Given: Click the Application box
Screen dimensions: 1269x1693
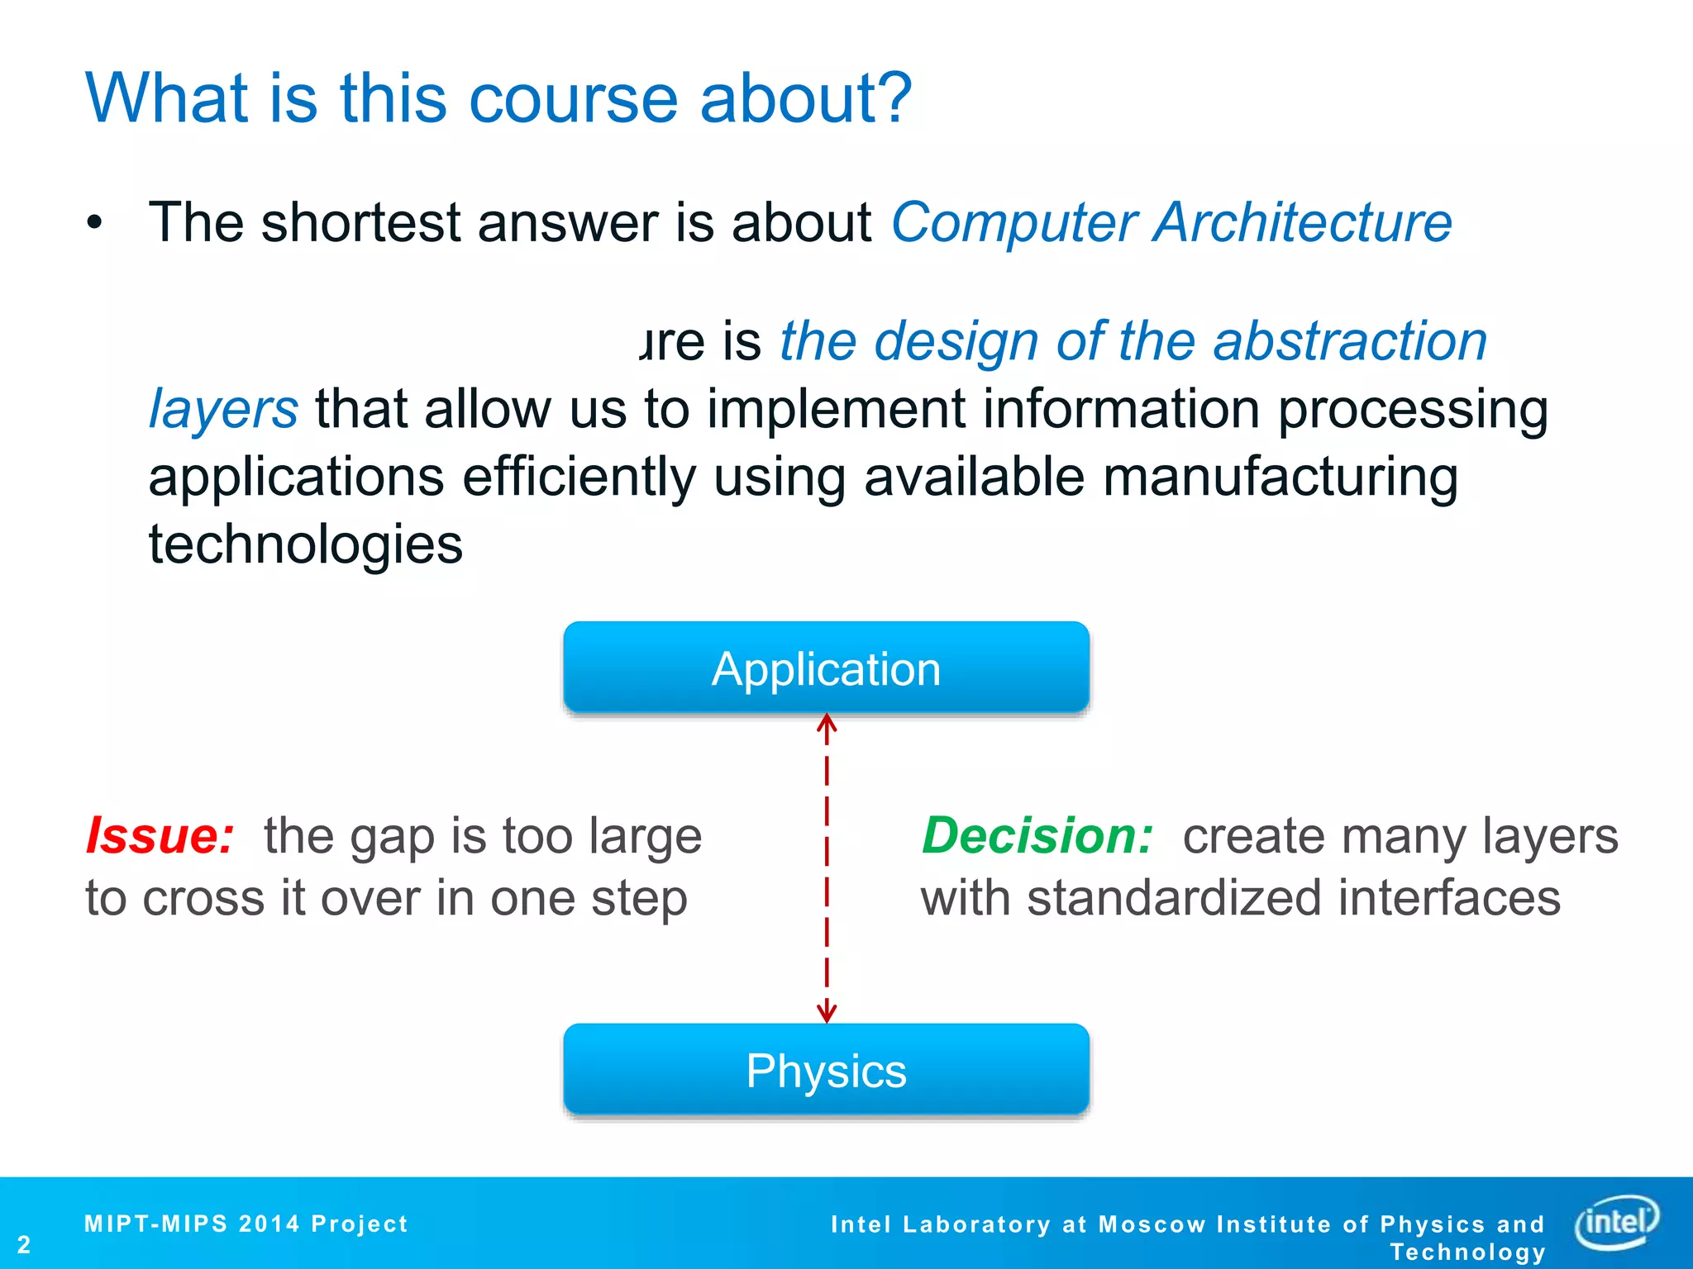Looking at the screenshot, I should pyautogui.click(x=826, y=668).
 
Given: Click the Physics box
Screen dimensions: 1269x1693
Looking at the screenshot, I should pyautogui.click(x=826, y=1070).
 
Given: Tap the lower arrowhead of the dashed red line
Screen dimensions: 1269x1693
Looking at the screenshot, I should pyautogui.click(x=827, y=1013).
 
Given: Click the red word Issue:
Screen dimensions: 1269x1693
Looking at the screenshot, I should pyautogui.click(x=160, y=835).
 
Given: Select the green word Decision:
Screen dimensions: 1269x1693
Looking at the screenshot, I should pyautogui.click(x=1037, y=835).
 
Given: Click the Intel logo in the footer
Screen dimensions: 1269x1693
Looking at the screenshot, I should pyautogui.click(x=1617, y=1221).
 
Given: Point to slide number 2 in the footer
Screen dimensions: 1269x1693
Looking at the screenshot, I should pyautogui.click(x=24, y=1244).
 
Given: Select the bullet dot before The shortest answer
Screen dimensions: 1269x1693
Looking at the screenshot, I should pyautogui.click(x=95, y=223).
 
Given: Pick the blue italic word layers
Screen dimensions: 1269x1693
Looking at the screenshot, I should pyautogui.click(x=223, y=409).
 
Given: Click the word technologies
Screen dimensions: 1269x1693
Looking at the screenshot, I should pyautogui.click(x=306, y=545).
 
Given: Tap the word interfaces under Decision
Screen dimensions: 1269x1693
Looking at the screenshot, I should pyautogui.click(x=1449, y=898).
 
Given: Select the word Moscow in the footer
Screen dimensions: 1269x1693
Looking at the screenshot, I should pyautogui.click(x=1152, y=1224).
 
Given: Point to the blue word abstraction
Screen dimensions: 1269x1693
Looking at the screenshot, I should pyautogui.click(x=1350, y=341).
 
